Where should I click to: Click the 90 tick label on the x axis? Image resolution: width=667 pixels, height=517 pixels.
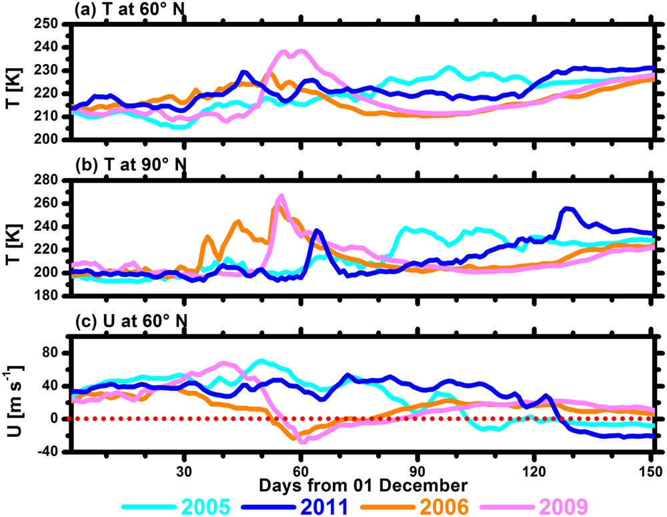click(418, 468)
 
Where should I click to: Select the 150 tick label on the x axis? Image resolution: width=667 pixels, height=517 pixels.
click(650, 468)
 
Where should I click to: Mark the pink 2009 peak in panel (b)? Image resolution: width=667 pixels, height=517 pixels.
click(281, 196)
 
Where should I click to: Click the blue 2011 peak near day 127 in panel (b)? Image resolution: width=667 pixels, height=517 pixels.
click(568, 208)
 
